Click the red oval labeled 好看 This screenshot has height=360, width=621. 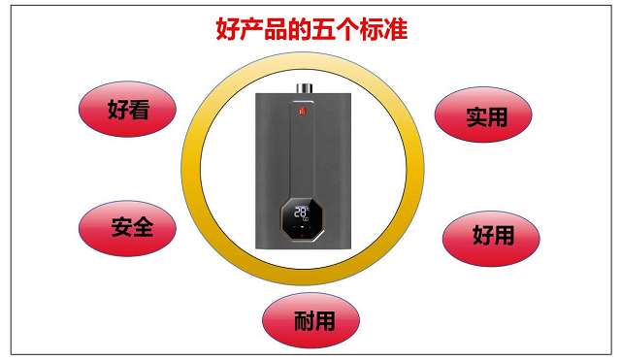[x=127, y=110]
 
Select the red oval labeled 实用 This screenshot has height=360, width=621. [x=483, y=115]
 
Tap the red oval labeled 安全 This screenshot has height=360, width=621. [x=127, y=228]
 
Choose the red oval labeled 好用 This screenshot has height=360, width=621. [x=491, y=239]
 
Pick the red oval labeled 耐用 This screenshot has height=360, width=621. [x=310, y=320]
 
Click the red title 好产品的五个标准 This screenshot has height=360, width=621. [x=311, y=28]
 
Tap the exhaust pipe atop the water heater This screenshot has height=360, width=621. [x=304, y=88]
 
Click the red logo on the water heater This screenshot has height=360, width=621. [x=303, y=111]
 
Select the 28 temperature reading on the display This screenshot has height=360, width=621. [x=300, y=212]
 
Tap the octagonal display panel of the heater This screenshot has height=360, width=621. [x=302, y=219]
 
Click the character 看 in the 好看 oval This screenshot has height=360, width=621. [x=139, y=110]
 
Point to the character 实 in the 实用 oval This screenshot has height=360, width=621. [x=476, y=117]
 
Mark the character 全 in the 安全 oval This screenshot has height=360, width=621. [x=143, y=227]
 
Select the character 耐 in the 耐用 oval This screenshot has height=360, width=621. [x=305, y=321]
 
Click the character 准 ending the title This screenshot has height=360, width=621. [x=396, y=28]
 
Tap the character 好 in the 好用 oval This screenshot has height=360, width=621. [x=483, y=235]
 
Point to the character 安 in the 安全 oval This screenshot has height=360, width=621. [x=122, y=227]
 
